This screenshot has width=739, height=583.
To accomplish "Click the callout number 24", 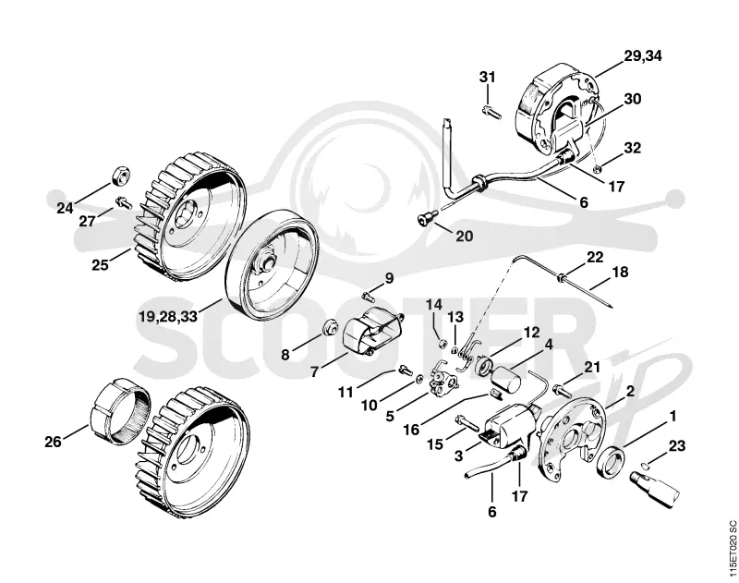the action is (65, 207).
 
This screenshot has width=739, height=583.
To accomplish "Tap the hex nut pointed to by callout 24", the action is (122, 176).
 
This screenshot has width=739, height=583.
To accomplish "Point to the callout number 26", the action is (54, 442).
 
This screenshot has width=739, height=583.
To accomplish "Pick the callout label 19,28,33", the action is (168, 316).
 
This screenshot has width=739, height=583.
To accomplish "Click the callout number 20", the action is (465, 236).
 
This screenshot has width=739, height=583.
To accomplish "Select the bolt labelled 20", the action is (427, 217).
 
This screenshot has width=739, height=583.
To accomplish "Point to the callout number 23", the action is (677, 445).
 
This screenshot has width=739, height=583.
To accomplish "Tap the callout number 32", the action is (633, 148).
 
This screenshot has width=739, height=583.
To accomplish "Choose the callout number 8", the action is (285, 355).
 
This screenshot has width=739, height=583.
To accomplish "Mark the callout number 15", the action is (435, 444).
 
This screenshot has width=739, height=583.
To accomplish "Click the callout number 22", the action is (595, 258).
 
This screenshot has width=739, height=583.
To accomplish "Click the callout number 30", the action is (633, 99).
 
